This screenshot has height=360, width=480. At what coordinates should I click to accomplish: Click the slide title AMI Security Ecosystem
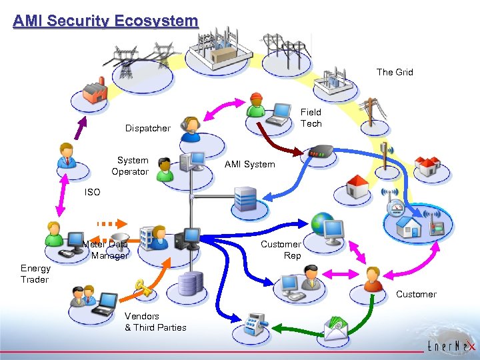pyautogui.click(x=105, y=21)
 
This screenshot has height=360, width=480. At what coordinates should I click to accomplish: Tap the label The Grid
pyautogui.click(x=395, y=72)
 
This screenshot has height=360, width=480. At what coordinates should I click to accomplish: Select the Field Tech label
pyautogui.click(x=311, y=118)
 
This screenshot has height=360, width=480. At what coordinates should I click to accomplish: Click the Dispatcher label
pyautogui.click(x=148, y=128)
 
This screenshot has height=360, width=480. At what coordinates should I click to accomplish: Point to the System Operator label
pyautogui.click(x=131, y=166)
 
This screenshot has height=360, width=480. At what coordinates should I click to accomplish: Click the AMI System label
pyautogui.click(x=249, y=164)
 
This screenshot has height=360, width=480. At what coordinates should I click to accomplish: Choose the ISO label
pyautogui.click(x=92, y=192)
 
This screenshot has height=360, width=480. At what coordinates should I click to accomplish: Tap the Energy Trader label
pyautogui.click(x=35, y=274)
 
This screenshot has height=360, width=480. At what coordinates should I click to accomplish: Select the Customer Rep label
pyautogui.click(x=281, y=250)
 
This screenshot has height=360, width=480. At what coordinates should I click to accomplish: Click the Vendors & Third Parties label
pyautogui.click(x=155, y=321)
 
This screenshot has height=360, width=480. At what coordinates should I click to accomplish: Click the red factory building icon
pyautogui.click(x=95, y=91)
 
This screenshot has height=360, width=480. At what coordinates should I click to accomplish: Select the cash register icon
pyautogui.click(x=255, y=323)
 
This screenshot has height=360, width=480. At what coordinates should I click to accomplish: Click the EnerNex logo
pyautogui.click(x=451, y=346)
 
